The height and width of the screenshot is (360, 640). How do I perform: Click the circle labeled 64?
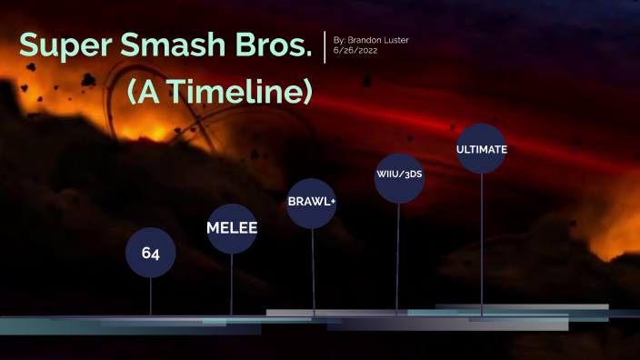tap(151, 254)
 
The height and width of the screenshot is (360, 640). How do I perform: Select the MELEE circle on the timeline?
tap(232, 227)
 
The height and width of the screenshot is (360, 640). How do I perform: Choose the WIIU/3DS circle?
tap(399, 175)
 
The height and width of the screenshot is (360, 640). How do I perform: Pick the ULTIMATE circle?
tap(481, 148)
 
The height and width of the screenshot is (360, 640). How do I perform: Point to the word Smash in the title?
tap(193, 45)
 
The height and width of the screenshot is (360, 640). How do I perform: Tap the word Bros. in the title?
tap(283, 45)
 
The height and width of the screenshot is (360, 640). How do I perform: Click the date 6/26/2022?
tap(355, 51)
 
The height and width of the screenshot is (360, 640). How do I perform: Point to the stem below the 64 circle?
tap(151, 296)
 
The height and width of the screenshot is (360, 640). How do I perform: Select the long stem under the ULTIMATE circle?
tap(480, 245)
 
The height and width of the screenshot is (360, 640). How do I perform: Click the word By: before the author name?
tap(341, 40)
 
